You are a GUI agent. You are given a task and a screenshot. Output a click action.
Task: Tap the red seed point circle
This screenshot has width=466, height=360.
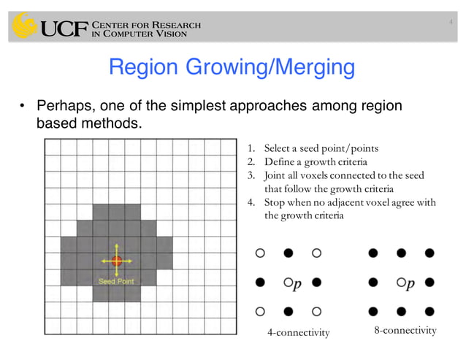coord(117,260)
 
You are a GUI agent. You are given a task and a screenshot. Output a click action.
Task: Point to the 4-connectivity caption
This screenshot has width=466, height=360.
coord(299,333)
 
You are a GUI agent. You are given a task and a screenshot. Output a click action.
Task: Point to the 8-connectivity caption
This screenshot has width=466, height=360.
coord(405,331)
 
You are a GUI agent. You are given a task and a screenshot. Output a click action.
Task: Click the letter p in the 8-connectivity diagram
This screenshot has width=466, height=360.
coord(410,283)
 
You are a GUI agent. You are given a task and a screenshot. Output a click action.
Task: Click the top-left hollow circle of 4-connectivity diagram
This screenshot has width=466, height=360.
coord(259,253)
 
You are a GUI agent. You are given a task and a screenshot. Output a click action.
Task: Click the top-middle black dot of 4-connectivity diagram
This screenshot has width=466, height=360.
coord(288,253)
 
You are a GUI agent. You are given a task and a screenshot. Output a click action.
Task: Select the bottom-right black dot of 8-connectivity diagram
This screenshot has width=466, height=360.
coord(429,310)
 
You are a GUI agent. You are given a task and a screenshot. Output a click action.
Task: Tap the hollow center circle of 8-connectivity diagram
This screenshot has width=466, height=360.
coord(400,282)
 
